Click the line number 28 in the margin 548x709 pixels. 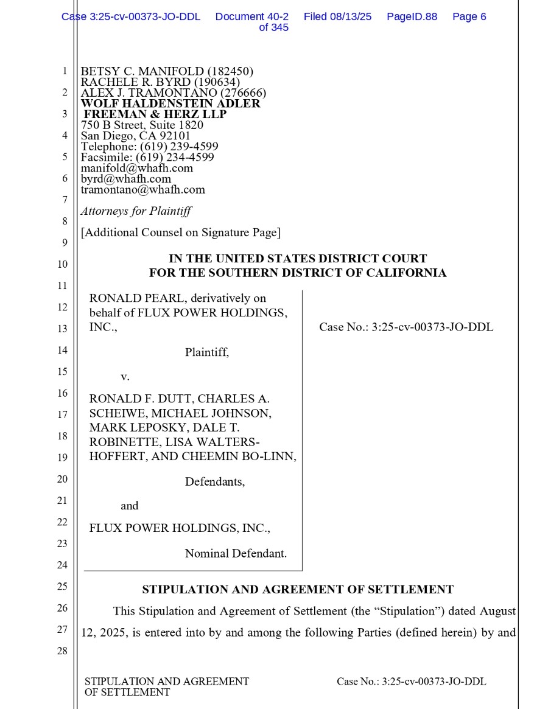(x=63, y=651)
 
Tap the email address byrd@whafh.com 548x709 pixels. (x=126, y=179)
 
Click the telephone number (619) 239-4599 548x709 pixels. (x=179, y=147)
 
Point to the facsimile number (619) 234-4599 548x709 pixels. (x=175, y=157)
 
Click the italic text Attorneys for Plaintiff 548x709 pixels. (x=136, y=211)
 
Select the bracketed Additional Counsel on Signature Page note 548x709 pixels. (x=180, y=232)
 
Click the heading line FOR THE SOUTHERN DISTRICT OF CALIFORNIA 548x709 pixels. (x=298, y=273)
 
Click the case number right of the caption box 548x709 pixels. (x=406, y=327)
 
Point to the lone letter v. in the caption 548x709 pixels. (x=125, y=377)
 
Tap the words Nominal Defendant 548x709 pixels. (x=236, y=554)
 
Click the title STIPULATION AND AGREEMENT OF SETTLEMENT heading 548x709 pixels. (x=298, y=590)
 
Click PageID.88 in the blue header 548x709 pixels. (x=412, y=17)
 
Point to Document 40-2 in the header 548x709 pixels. (x=252, y=17)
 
